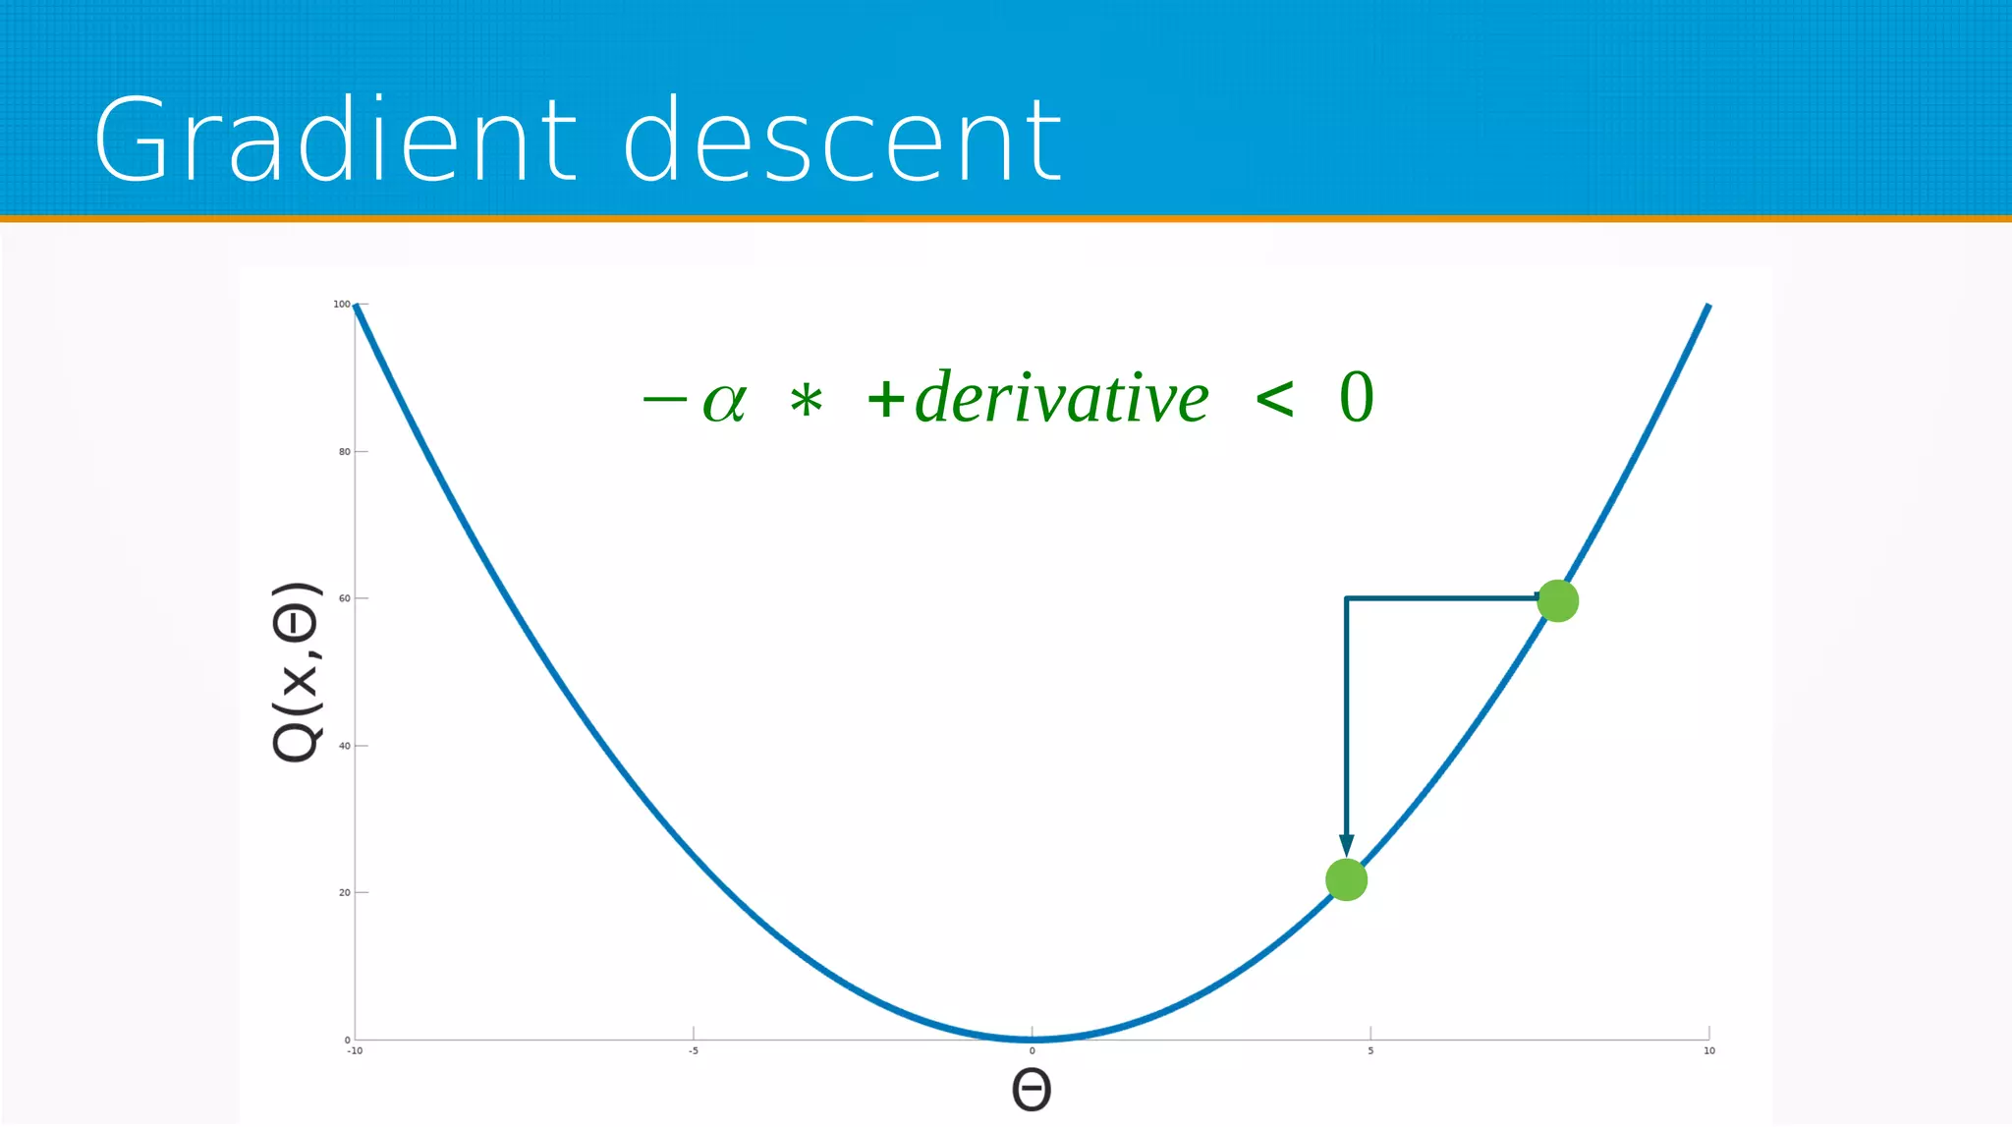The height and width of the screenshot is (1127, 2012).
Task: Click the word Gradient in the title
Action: [335, 140]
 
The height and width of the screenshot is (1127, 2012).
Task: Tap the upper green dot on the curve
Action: [1557, 600]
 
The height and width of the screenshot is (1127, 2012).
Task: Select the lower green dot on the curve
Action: [1346, 879]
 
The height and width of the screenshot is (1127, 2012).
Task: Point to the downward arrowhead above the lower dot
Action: [1346, 845]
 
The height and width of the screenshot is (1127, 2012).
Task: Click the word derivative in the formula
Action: [1061, 398]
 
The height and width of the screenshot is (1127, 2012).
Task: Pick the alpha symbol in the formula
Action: [725, 401]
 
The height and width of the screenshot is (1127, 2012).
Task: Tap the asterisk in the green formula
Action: [807, 401]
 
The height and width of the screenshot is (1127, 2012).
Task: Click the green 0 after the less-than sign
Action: [1357, 398]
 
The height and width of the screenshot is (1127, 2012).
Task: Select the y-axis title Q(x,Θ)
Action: [296, 672]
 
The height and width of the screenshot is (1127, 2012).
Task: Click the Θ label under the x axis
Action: [1032, 1090]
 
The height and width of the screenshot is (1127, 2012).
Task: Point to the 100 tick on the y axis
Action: [342, 305]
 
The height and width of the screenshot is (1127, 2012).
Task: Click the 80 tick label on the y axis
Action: [344, 452]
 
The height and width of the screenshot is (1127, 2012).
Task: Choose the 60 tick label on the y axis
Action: [344, 598]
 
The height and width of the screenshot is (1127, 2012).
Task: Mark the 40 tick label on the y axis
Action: [344, 746]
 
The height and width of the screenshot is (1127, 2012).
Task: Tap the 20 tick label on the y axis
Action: [344, 892]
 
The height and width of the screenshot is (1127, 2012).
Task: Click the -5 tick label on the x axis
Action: [694, 1051]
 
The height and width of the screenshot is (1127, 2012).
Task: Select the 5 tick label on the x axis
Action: [1370, 1051]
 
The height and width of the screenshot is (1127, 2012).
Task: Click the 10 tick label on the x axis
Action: [1708, 1051]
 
